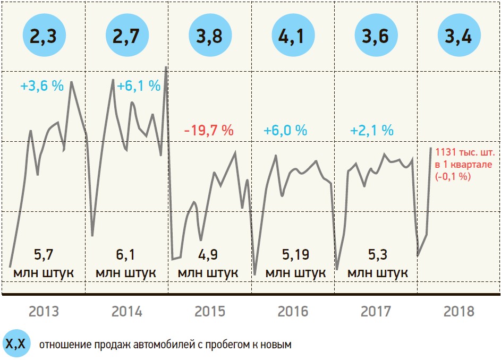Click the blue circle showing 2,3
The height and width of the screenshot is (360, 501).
tap(44, 36)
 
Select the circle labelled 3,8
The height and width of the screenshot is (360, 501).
tap(210, 36)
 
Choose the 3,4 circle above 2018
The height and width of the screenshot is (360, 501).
tap(459, 36)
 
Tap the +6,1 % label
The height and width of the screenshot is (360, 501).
tap(138, 86)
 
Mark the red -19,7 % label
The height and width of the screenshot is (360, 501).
tap(209, 131)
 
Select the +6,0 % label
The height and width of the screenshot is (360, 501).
tap(286, 131)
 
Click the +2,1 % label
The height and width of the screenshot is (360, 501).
tap(372, 131)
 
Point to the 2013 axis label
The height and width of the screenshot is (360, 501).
tap(44, 311)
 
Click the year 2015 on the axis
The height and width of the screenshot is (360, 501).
tap(210, 311)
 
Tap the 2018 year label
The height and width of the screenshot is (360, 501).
tap(459, 311)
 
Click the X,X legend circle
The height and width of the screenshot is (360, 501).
tap(16, 345)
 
